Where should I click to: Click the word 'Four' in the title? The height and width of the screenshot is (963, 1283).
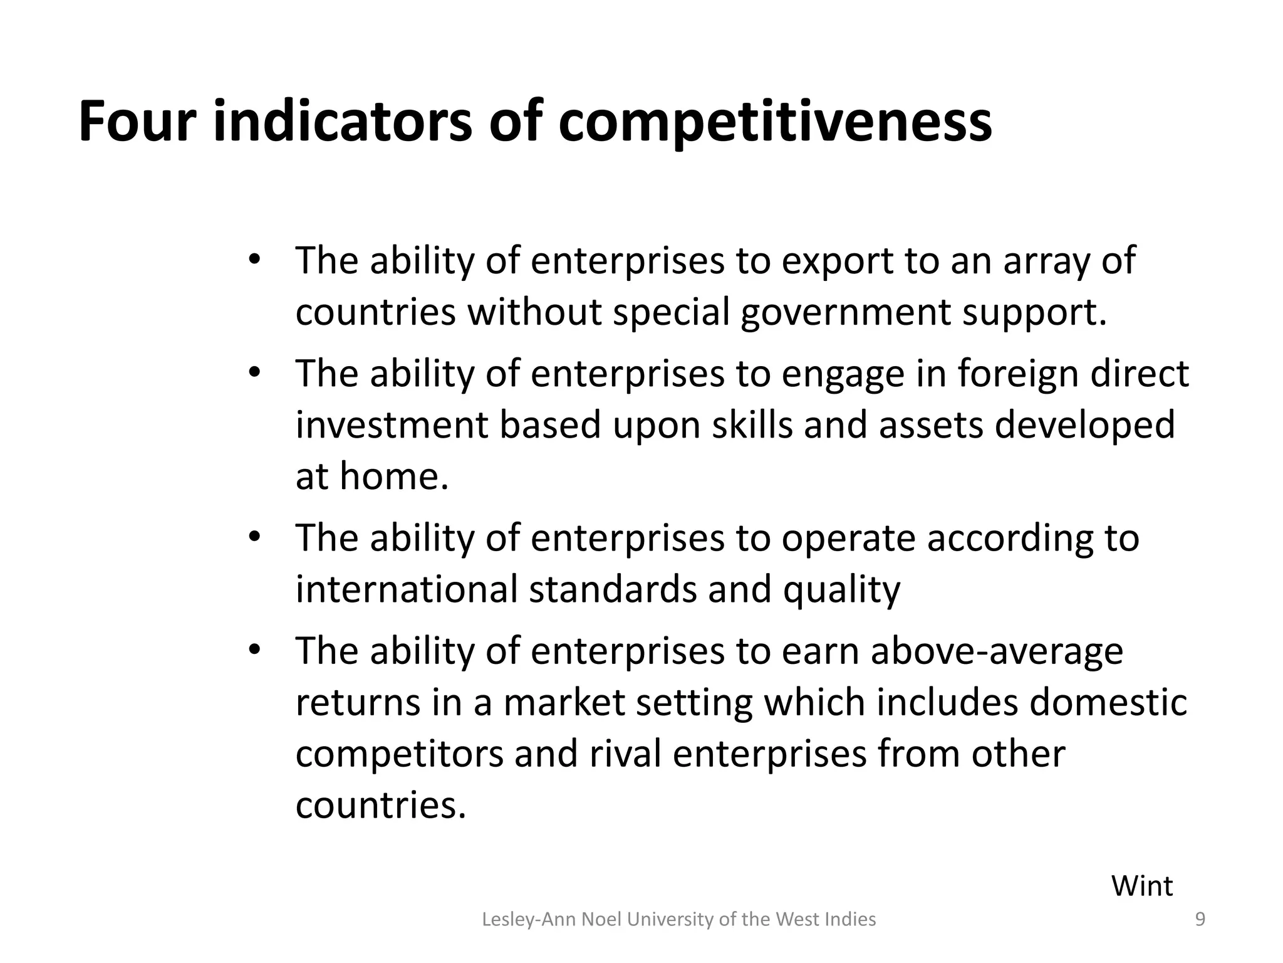(137, 122)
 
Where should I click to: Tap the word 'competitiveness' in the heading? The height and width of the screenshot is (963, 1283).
(775, 122)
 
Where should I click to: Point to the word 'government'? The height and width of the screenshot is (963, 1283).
(846, 312)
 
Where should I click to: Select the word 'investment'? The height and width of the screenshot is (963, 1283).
(391, 425)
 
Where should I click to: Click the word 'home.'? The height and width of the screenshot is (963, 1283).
(395, 476)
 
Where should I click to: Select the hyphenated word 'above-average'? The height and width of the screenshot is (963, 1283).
(997, 651)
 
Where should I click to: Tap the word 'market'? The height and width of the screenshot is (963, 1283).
(564, 702)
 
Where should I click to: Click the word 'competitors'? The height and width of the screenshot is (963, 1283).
(400, 754)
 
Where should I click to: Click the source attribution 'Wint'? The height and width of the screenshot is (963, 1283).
(1141, 887)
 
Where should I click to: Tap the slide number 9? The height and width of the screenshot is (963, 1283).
(1200, 920)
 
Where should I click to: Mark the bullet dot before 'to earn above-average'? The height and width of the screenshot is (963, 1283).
(254, 650)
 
